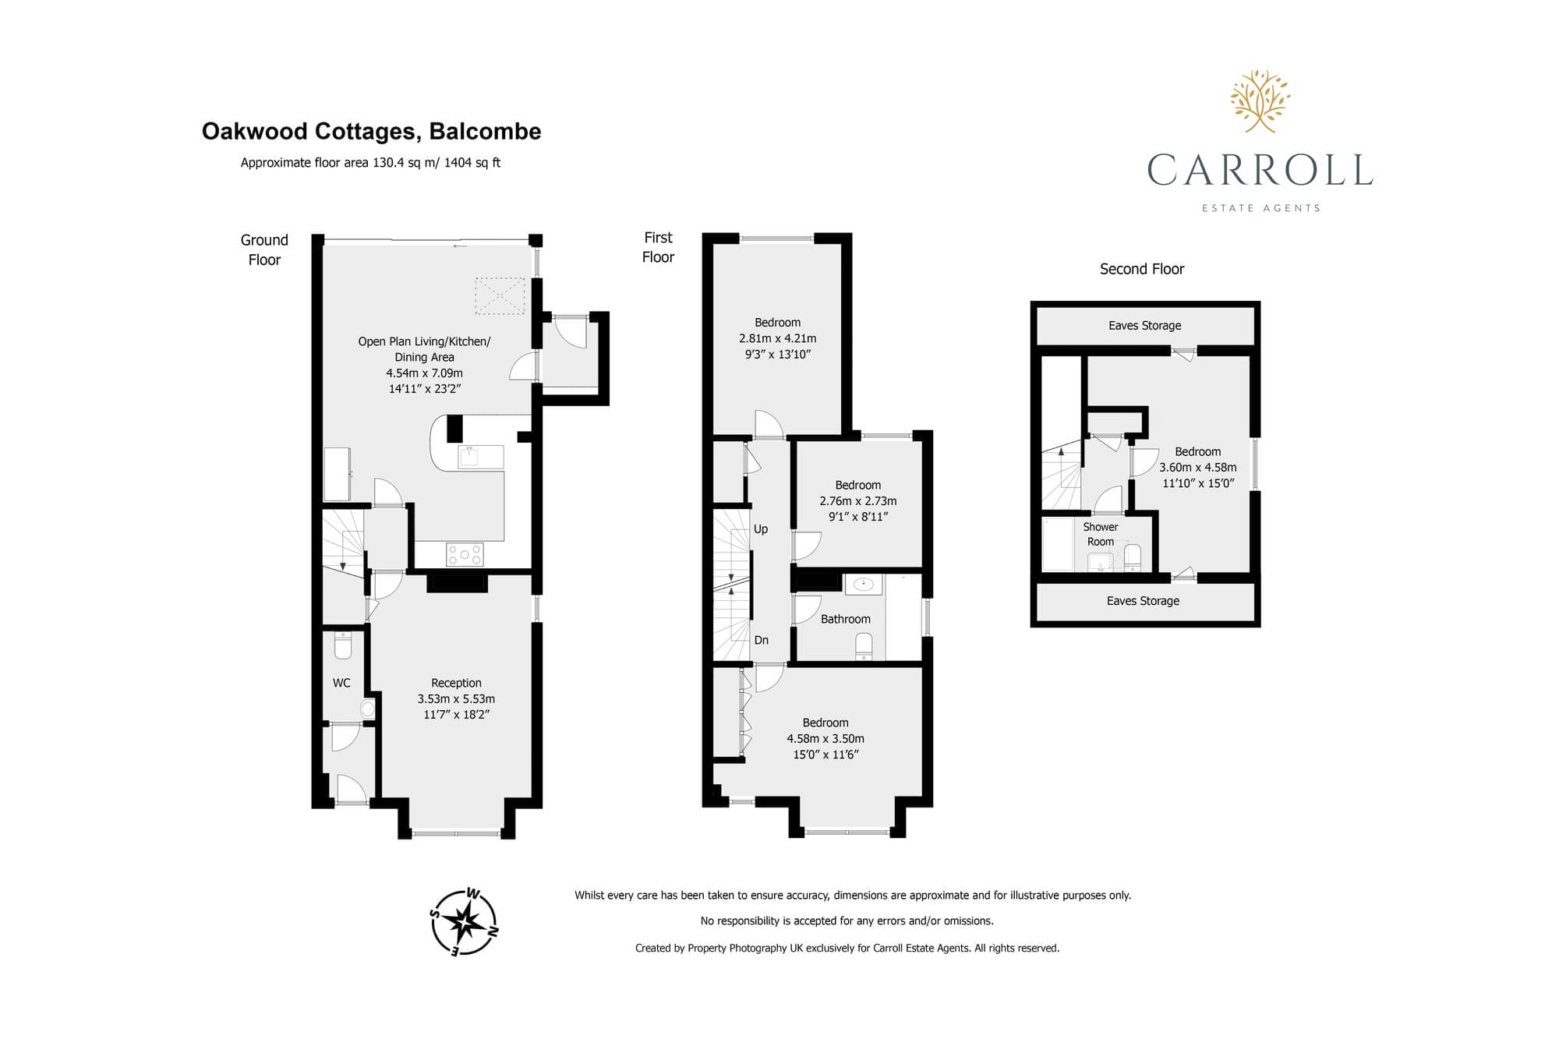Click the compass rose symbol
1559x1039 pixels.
tap(465, 922)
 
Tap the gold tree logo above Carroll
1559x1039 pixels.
tap(1260, 101)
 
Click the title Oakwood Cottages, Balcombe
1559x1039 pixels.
tap(371, 131)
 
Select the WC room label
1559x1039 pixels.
tap(341, 683)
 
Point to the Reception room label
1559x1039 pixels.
tap(456, 683)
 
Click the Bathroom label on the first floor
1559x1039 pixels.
tap(845, 619)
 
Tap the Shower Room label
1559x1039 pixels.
tap(1101, 534)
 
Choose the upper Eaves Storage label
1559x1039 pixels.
tap(1144, 325)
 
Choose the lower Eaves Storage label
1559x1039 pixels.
tap(1143, 600)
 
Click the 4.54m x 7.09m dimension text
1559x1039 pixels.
tap(424, 373)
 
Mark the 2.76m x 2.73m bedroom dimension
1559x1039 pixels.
tap(857, 501)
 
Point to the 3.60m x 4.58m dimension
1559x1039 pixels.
tap(1197, 468)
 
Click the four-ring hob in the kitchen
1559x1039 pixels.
tap(465, 554)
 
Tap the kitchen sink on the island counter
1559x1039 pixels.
tap(470, 456)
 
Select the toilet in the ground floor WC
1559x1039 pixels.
tap(343, 645)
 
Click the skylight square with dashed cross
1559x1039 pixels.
tap(500, 296)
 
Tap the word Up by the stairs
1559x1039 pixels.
tap(761, 529)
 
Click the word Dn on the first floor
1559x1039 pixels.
tap(761, 640)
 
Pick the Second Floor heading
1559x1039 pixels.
tap(1142, 269)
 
